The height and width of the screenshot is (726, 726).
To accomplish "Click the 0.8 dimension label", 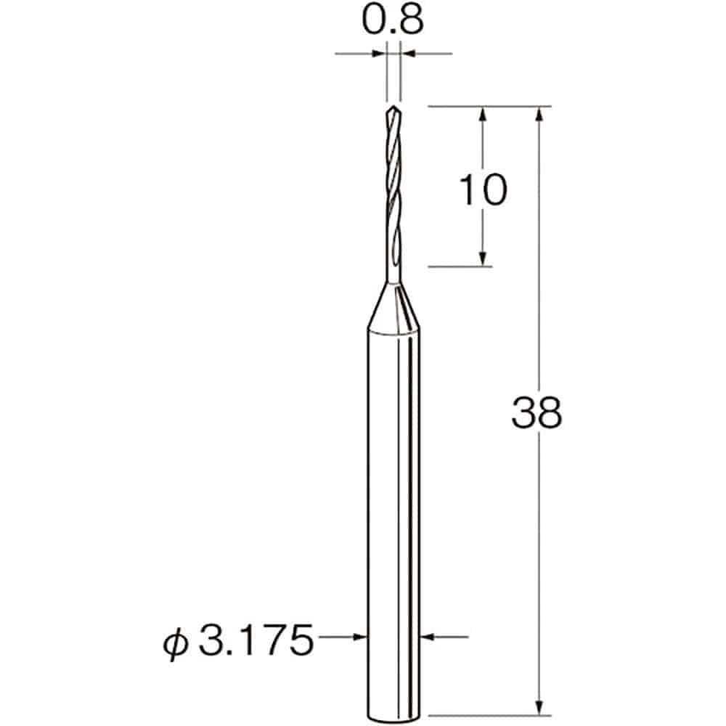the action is [x=393, y=21].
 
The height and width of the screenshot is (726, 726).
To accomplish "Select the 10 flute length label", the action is [x=483, y=189].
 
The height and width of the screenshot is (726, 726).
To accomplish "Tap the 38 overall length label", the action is [x=537, y=412].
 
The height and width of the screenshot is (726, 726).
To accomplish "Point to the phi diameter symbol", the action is [x=176, y=643].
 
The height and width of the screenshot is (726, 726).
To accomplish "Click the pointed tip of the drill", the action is [x=393, y=106].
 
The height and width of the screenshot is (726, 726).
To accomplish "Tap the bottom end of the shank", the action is [x=393, y=720].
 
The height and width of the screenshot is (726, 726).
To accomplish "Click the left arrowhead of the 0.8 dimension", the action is [x=380, y=54].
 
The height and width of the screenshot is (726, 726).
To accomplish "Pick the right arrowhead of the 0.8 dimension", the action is [x=407, y=54].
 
